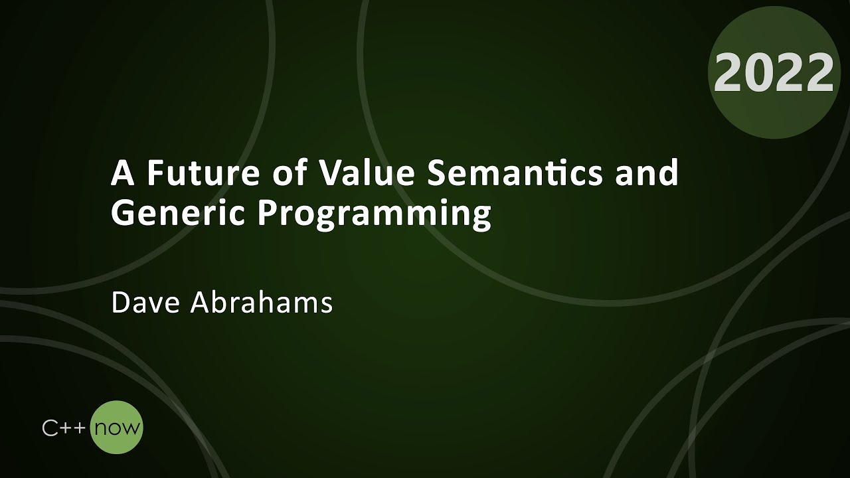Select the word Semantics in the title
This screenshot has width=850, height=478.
tap(515, 174)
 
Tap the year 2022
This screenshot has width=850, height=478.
tap(774, 72)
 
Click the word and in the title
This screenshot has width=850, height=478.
tap(646, 174)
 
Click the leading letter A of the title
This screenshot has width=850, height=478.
tap(120, 174)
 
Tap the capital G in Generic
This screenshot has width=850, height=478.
tap(123, 214)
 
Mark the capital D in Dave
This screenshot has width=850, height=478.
tap(120, 303)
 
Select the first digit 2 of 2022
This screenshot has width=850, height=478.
tap(729, 72)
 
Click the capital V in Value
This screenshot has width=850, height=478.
tap(329, 174)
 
